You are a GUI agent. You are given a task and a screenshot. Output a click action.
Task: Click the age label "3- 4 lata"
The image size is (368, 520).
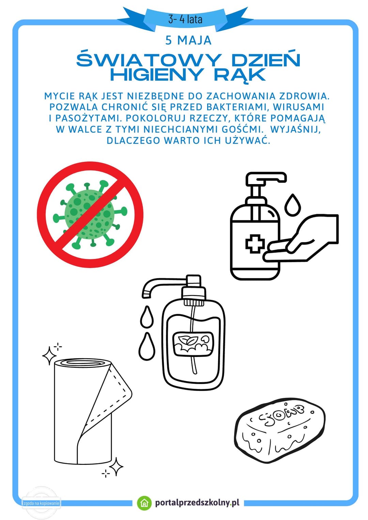coord(185,19)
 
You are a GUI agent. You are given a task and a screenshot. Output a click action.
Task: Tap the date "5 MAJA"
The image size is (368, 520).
coord(188,40)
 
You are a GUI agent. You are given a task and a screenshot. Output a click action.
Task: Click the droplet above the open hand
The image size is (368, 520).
coord(293,205)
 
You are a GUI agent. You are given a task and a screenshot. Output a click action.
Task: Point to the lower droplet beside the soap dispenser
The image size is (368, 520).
coord(146,346)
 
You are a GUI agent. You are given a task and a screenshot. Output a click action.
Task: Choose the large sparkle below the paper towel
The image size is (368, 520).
coord(116,467)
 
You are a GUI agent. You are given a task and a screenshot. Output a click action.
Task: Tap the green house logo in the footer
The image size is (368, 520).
coord(144,503)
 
